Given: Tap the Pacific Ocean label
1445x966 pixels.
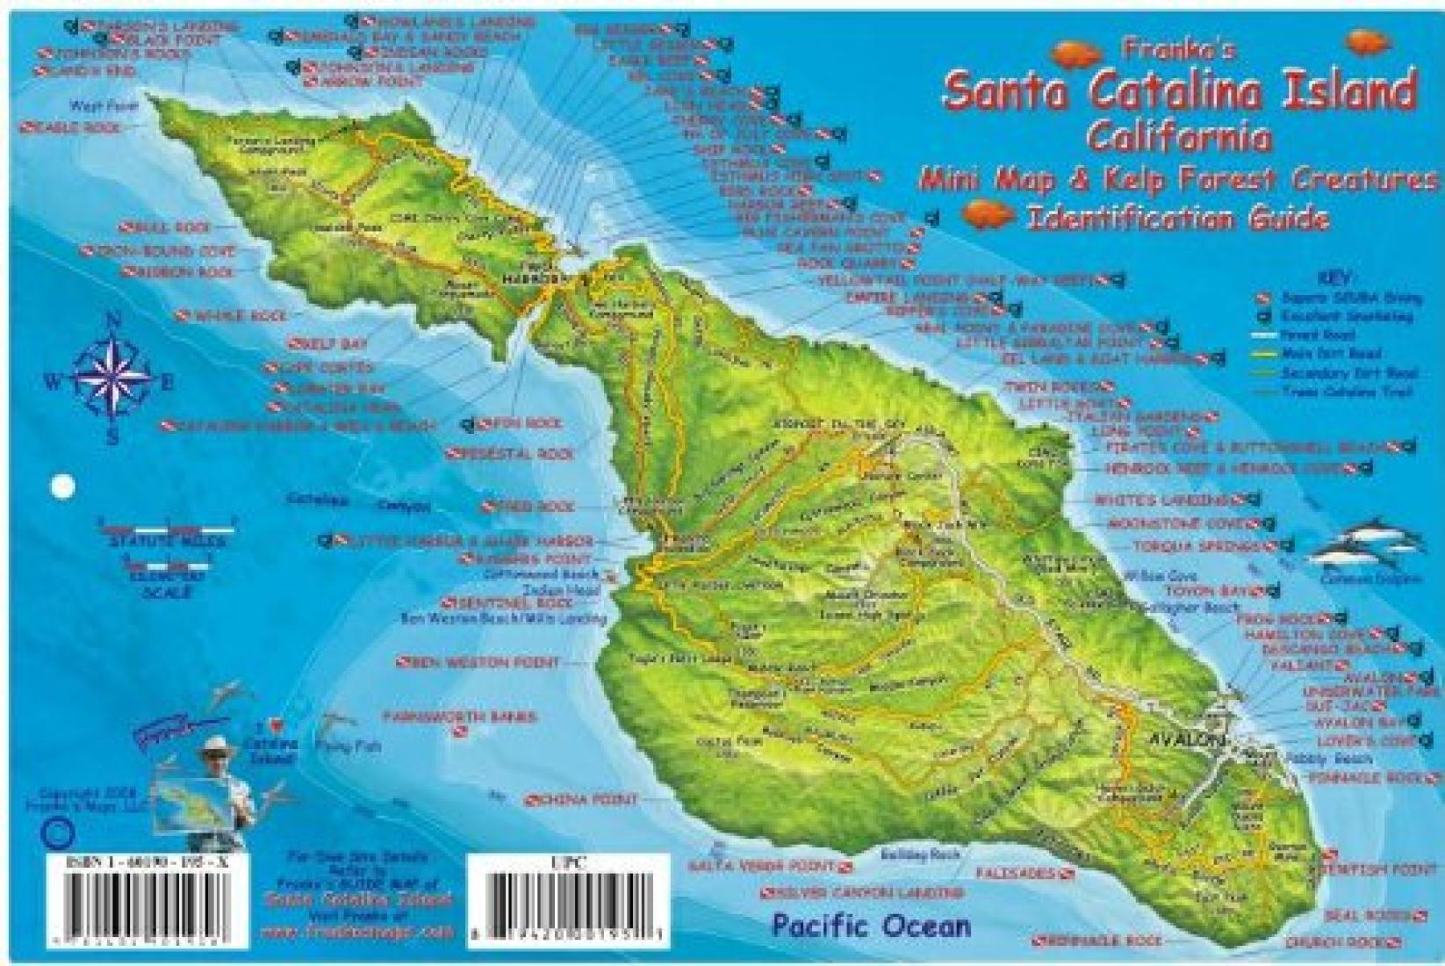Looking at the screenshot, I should tap(872, 926).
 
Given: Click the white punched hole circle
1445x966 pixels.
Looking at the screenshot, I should tap(63, 486).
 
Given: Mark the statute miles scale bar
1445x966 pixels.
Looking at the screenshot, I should tap(168, 530).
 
